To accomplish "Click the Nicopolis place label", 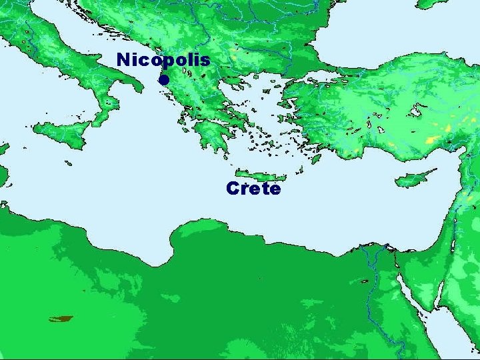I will coord(163,59).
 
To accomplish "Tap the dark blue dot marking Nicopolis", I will coord(163,81).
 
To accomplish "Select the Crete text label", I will coord(253,189).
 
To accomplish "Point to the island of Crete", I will coord(260,174).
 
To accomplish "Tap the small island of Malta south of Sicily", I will coord(69,163).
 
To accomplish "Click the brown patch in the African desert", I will coord(61,319).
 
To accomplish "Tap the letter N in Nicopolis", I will coord(122,59).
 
